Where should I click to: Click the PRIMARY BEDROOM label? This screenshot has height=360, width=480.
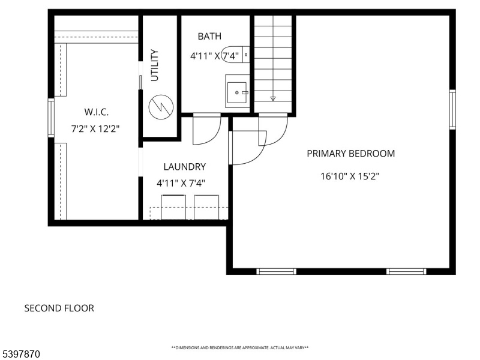click(351, 154)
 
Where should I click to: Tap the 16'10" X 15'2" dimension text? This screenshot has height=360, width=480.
click(350, 176)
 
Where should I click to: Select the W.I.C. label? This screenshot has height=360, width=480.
click(97, 112)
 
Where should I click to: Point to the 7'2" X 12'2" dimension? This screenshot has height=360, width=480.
click(95, 129)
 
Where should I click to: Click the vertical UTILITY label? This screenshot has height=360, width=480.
click(155, 65)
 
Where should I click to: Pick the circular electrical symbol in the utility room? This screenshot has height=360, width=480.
click(161, 107)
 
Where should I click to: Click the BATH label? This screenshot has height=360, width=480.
click(209, 36)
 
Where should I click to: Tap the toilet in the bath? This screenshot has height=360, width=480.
click(235, 55)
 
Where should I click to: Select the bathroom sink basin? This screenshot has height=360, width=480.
click(236, 92)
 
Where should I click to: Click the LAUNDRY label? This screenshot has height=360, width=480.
click(185, 167)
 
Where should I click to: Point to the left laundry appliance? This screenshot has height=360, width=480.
click(173, 207)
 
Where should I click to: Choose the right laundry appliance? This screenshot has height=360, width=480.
click(206, 207)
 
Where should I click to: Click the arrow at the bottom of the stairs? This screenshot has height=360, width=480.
click(273, 98)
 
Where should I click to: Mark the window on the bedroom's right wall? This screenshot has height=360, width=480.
click(452, 110)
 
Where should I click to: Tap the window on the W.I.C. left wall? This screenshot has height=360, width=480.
click(51, 118)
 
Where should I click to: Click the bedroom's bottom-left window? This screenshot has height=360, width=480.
click(276, 271)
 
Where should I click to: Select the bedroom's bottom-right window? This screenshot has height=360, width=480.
click(406, 271)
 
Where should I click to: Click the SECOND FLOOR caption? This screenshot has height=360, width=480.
click(59, 308)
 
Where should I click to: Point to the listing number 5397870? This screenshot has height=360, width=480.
click(20, 354)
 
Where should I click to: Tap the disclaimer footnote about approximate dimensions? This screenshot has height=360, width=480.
click(240, 348)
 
